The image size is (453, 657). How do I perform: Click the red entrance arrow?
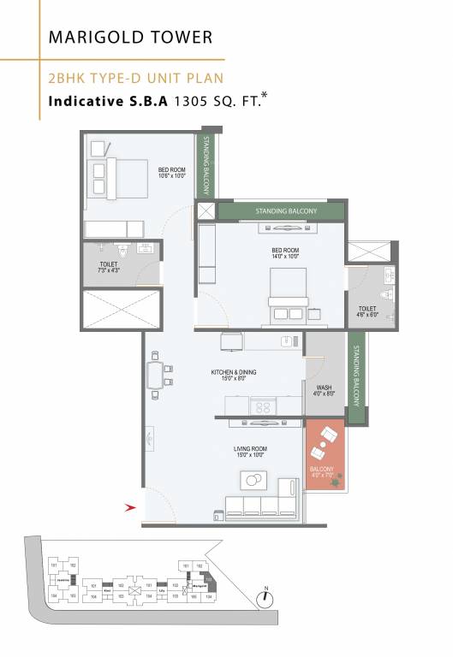coord(130,507)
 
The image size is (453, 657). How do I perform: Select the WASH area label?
coord(325,390)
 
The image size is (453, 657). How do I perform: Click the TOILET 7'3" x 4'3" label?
coord(108,267)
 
